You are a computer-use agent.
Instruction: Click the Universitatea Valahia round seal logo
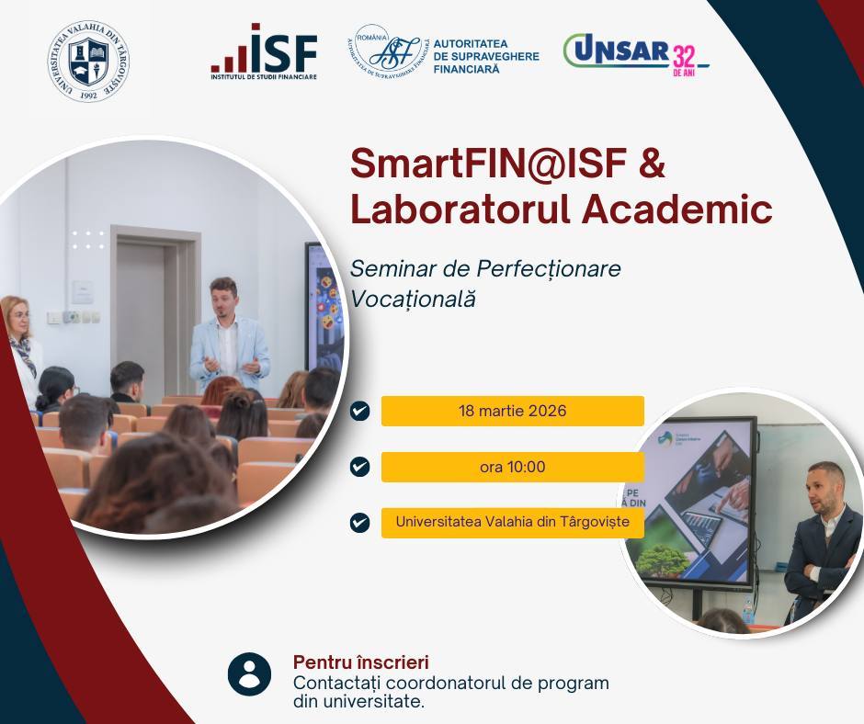click(88, 61)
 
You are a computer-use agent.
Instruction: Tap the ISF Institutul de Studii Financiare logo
click(264, 54)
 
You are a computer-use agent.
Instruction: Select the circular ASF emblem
click(383, 51)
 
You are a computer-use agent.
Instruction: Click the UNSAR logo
click(617, 52)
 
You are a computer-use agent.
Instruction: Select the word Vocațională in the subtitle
click(413, 300)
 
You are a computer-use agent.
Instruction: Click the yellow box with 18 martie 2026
click(512, 411)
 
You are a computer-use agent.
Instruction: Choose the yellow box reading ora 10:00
click(512, 467)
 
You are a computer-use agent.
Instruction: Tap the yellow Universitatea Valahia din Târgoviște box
click(512, 522)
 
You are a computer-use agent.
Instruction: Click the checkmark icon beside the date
click(360, 411)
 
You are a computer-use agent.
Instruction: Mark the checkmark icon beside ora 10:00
click(360, 467)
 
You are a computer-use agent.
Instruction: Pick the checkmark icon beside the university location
click(360, 522)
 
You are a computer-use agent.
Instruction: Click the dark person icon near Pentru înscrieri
click(249, 673)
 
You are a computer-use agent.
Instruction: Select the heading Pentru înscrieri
click(360, 662)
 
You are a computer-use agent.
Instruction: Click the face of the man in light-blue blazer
click(222, 298)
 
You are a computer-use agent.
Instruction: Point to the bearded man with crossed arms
click(822, 542)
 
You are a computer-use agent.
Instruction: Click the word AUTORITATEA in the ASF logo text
click(472, 43)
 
